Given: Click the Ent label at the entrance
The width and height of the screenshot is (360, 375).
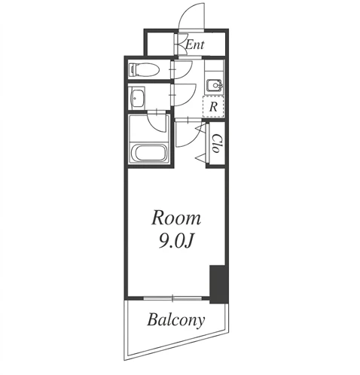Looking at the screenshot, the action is [x=195, y=45].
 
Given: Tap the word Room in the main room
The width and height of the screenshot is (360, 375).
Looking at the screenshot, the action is [x=176, y=218].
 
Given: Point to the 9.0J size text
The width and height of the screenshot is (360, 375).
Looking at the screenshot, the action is [x=176, y=242].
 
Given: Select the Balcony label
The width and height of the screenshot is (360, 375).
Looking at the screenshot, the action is [x=176, y=320].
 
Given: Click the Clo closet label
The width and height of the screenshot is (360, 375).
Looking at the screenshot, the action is [x=216, y=143].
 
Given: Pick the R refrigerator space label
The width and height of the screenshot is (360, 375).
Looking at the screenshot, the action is [x=213, y=107].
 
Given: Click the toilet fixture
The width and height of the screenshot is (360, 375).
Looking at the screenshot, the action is [x=144, y=69].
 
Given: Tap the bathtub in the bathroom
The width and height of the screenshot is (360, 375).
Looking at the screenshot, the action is [x=148, y=152].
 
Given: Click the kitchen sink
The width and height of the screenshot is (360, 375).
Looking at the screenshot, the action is [x=215, y=86].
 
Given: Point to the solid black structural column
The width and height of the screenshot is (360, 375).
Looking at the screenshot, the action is [x=218, y=284].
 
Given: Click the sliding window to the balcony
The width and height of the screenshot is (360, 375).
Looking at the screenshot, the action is [x=172, y=298].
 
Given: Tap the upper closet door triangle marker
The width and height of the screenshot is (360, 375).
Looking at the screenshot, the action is [x=202, y=128].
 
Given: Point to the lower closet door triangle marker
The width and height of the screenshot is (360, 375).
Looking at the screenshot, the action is [x=202, y=158].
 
